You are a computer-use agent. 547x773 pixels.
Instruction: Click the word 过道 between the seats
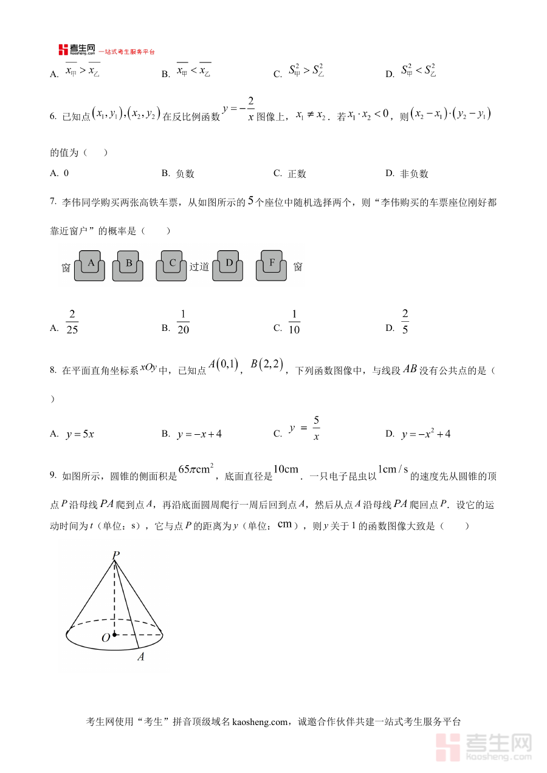tap(199, 267)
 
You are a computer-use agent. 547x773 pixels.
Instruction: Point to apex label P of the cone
tap(115, 554)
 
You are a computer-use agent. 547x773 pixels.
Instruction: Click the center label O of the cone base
tap(105, 638)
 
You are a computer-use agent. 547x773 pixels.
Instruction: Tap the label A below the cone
tap(140, 656)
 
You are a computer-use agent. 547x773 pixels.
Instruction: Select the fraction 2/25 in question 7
tap(72, 322)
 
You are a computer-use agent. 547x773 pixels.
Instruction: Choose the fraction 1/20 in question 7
tap(183, 322)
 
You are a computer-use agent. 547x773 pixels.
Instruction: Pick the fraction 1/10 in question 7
tap(295, 322)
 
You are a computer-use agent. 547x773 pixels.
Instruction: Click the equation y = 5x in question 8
tap(80, 434)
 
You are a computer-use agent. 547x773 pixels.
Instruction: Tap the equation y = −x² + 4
tap(425, 434)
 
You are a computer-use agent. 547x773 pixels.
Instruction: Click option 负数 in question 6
tap(185, 174)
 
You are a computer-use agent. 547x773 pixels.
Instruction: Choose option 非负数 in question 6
tap(415, 174)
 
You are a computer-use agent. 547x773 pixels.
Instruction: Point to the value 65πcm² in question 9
tap(196, 471)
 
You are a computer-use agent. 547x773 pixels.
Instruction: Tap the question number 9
tap(53, 476)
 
